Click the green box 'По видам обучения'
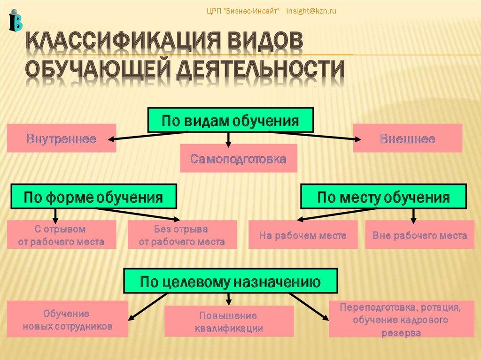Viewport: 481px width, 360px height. pos(231,121)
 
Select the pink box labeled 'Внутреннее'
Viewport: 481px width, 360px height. pos(62,138)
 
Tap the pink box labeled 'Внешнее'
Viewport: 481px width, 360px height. pos(407,138)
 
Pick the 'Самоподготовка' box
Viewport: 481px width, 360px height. pos(239,159)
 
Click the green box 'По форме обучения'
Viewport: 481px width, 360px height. pos(93,197)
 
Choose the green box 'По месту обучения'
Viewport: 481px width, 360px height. pos(383,197)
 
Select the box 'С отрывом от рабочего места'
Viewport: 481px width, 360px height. pos(62,235)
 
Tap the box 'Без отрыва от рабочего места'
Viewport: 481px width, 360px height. pos(182,235)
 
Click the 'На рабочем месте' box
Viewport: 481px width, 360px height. pos(303,235)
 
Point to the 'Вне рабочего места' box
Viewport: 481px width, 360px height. pos(419,235)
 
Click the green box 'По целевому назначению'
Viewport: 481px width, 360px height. pos(230,282)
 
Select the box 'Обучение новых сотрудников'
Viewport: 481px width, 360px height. pos(68,319)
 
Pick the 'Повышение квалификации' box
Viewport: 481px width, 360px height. pos(229,321)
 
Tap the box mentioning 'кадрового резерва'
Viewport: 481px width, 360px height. pos(400,319)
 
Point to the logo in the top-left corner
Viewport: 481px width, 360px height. pos(15,20)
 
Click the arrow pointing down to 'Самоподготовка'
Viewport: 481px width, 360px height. pos(228,138)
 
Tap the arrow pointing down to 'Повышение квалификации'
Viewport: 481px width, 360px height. pos(229,299)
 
